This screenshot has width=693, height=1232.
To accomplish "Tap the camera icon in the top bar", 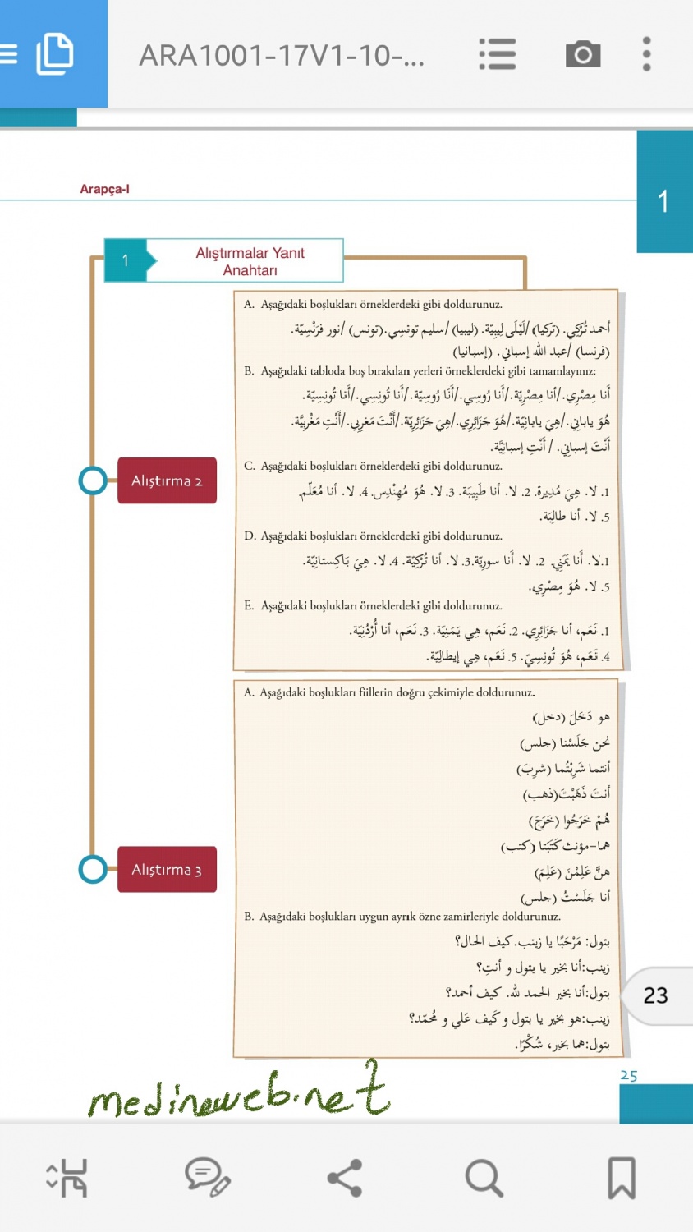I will [x=583, y=54].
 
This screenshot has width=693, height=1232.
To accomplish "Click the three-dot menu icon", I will [x=647, y=54].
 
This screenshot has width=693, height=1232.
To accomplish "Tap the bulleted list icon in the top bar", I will [x=498, y=54].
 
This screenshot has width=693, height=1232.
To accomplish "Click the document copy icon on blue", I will [x=55, y=54].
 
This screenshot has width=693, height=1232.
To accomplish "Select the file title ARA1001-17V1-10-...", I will [x=282, y=56].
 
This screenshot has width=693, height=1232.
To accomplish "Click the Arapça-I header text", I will [x=104, y=189].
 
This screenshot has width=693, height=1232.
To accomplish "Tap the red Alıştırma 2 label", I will [x=167, y=480].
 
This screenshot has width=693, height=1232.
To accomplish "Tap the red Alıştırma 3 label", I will [x=167, y=869].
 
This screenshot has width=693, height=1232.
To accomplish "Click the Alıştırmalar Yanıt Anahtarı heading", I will [x=250, y=261].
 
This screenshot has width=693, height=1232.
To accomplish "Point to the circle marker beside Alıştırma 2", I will [x=93, y=480].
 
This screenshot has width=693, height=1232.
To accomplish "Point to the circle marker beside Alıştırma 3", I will [x=93, y=869].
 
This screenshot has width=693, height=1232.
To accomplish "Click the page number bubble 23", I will [x=655, y=995].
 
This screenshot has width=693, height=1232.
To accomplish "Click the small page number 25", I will [x=629, y=1075].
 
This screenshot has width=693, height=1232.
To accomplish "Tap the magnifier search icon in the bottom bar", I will [x=484, y=1178].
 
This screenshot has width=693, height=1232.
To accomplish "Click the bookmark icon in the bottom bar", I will [x=622, y=1178].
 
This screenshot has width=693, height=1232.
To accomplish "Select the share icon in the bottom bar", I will [x=345, y=1178].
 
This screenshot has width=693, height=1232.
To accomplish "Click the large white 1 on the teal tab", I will [x=663, y=201].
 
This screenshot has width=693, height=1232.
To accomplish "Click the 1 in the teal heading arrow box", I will [x=125, y=260].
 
